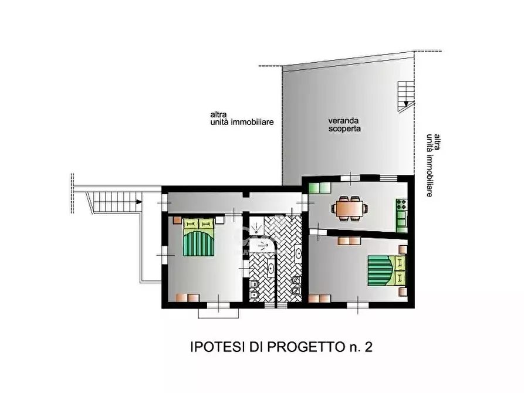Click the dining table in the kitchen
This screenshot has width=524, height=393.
click(x=350, y=208)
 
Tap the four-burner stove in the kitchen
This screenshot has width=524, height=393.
click(x=402, y=205)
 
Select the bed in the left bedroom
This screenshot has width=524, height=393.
click(x=199, y=238)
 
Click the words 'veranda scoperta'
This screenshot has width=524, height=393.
click(x=344, y=123)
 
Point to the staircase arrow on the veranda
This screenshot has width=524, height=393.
click(x=406, y=104)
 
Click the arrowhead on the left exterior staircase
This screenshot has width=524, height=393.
click(x=139, y=202)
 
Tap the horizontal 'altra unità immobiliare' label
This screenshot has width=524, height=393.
click(x=242, y=118)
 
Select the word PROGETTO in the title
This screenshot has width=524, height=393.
click(x=302, y=347)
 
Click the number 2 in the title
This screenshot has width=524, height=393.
click(x=368, y=347)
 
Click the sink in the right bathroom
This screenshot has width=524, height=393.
click(x=298, y=254)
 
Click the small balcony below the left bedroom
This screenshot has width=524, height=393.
click(x=219, y=313)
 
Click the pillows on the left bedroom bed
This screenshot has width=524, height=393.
click(x=199, y=223)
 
